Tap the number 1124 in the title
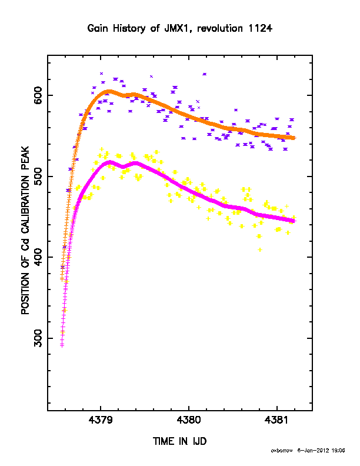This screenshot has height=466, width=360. pyautogui.click(x=261, y=28)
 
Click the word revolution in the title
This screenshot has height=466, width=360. pyautogui.click(x=220, y=28)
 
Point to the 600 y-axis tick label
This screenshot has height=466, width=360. pyautogui.click(x=38, y=95)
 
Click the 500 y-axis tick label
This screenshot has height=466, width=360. pyautogui.click(x=38, y=177)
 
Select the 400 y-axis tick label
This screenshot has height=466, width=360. pyautogui.click(x=38, y=257)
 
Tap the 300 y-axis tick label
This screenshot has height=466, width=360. pyautogui.click(x=38, y=338)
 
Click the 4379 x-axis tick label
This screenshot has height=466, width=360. pyautogui.click(x=101, y=420)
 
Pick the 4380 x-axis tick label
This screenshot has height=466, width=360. pyautogui.click(x=189, y=420)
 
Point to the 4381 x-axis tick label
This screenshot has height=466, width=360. pyautogui.click(x=276, y=420)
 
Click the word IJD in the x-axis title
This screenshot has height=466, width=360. pyautogui.click(x=199, y=441)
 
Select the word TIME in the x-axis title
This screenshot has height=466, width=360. pyautogui.click(x=164, y=441)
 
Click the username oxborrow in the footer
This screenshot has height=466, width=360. pyautogui.click(x=282, y=451)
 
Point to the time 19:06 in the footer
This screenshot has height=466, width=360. pyautogui.click(x=338, y=451)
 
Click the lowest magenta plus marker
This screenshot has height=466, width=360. pyautogui.click(x=62, y=345)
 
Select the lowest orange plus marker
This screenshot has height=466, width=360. pyautogui.click(x=62, y=279)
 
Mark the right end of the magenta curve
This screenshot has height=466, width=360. pyautogui.click(x=294, y=221)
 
